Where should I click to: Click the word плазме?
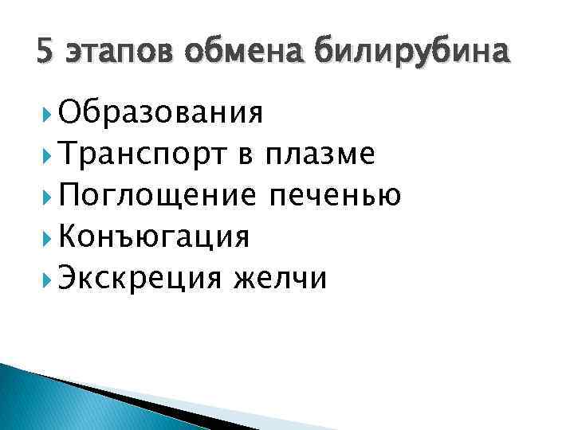[320, 154]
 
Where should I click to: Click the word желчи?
[279, 279]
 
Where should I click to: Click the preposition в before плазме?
[245, 154]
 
